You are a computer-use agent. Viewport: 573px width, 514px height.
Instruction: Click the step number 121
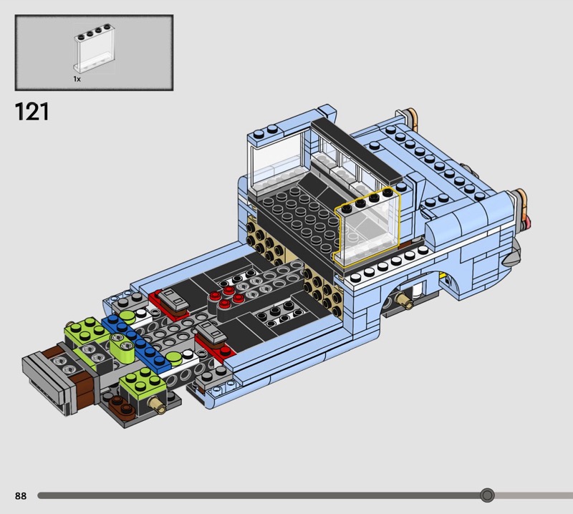(32, 112)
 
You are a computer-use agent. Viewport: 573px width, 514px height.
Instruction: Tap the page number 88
(21, 495)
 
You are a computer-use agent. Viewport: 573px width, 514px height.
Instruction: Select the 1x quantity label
(77, 79)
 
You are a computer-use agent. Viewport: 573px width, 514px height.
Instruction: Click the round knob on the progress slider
(487, 495)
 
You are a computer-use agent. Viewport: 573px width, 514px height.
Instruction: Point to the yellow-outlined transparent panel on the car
(367, 226)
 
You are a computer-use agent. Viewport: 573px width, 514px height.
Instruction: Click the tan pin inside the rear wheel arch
(405, 300)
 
